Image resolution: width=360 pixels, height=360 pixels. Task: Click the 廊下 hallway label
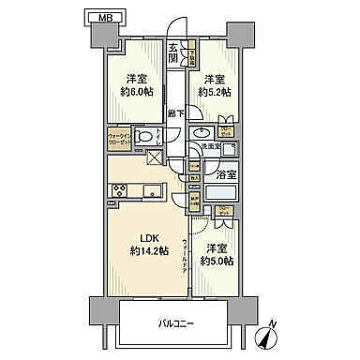coord(175,113)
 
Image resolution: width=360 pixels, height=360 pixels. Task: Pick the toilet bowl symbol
coord(143,139)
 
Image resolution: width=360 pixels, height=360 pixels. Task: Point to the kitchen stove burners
coord(120,192)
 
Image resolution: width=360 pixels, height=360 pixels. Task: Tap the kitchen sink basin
coord(154,193)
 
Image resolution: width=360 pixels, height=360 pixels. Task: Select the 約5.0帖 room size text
coord(217,260)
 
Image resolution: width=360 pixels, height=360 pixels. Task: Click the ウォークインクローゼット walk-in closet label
coord(120,139)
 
